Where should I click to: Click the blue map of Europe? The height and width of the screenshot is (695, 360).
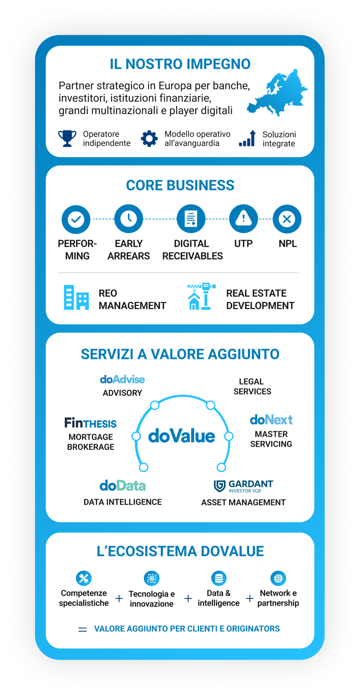click(x=277, y=93)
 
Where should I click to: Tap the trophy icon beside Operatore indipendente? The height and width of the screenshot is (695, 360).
click(x=67, y=138)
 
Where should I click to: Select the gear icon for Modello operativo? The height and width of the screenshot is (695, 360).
click(x=149, y=138)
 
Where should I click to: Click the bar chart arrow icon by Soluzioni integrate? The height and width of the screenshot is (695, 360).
click(x=247, y=138)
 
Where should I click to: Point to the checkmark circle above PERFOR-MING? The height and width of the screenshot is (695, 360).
click(x=76, y=219)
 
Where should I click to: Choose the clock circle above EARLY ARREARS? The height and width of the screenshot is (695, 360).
click(x=129, y=219)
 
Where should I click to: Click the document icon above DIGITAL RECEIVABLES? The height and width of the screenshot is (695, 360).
click(x=191, y=219)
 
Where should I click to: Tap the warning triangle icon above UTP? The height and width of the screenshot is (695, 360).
click(x=243, y=219)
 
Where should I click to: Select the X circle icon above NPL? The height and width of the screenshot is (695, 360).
click(x=287, y=219)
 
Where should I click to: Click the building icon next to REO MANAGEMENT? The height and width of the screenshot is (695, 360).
click(x=76, y=297)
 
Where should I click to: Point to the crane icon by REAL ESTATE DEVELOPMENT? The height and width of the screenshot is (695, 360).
click(x=202, y=296)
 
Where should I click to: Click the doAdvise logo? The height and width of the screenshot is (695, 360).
click(x=122, y=379)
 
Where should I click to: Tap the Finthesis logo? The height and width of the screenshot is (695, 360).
click(x=90, y=423)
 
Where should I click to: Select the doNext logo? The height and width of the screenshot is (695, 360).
click(x=271, y=420)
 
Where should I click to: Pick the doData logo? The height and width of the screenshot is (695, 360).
click(x=122, y=486)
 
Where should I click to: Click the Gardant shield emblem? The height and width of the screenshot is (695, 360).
click(x=220, y=486)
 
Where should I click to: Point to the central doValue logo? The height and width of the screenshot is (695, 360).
click(x=181, y=436)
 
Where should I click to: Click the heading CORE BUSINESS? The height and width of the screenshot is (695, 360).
click(x=180, y=185)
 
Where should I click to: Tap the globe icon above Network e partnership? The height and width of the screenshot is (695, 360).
click(x=278, y=578)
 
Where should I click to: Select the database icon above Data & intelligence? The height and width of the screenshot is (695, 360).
click(x=219, y=578)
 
